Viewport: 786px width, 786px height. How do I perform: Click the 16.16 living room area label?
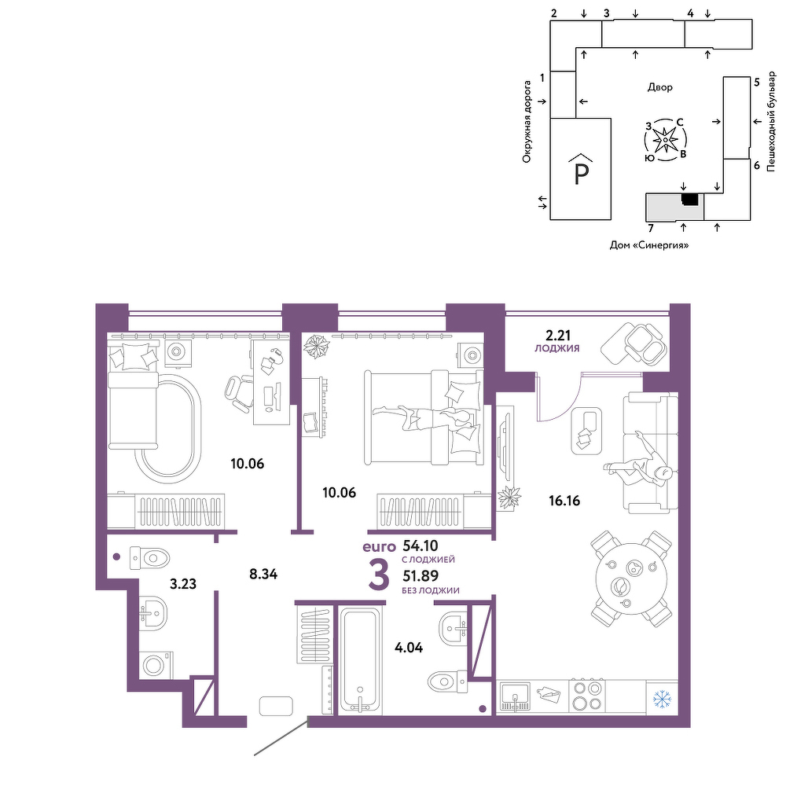pos(564,500)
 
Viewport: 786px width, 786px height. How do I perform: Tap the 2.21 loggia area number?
pos(558,335)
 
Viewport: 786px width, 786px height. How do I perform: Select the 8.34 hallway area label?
pos(263,574)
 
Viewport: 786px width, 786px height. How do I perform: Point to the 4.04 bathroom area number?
pos(409,648)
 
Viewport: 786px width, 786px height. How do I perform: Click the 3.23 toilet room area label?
pos(183,584)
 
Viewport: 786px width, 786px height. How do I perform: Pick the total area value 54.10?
pos(421,545)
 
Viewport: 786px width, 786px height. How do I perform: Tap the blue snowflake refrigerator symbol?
pos(663,699)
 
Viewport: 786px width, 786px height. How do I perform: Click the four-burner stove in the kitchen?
pos(587,696)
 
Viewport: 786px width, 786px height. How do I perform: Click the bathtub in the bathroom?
pos(360,661)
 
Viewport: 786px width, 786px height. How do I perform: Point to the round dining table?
pos(631,578)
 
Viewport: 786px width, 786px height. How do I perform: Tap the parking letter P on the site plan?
pos(581,174)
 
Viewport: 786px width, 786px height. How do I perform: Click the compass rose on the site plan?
pos(666,140)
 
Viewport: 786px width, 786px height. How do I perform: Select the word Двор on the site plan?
pos(659,87)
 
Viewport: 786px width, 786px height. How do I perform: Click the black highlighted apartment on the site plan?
pos(690,199)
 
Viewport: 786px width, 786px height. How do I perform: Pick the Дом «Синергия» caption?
pos(649,245)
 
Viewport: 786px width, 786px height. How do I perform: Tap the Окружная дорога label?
pos(527,121)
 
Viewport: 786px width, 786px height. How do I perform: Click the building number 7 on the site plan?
pos(651,229)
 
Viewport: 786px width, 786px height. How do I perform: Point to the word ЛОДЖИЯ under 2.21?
pos(557,348)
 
